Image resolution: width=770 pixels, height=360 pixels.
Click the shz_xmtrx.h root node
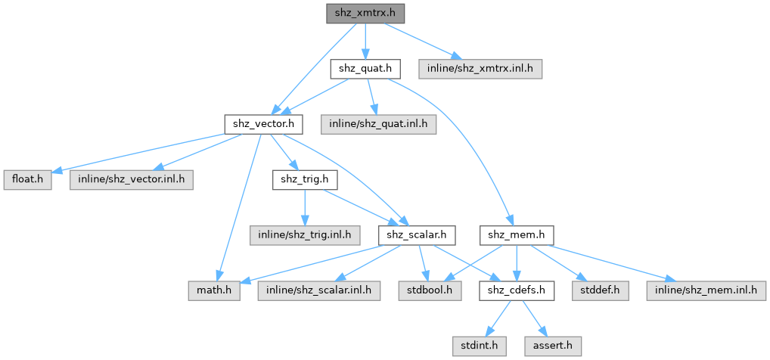[365, 13]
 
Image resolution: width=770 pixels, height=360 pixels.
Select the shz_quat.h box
[365, 69]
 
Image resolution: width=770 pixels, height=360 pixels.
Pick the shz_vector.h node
[264, 123]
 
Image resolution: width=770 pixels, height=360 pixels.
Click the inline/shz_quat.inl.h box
[377, 123]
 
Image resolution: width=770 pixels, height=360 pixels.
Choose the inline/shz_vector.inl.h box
[131, 179]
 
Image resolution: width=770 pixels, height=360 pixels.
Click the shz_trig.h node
[304, 179]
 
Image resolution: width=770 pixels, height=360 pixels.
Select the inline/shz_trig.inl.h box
[306, 235]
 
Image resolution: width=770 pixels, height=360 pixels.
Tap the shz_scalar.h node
[417, 235]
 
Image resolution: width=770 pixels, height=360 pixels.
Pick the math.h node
[215, 290]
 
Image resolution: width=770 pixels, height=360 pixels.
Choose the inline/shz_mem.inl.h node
[704, 290]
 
